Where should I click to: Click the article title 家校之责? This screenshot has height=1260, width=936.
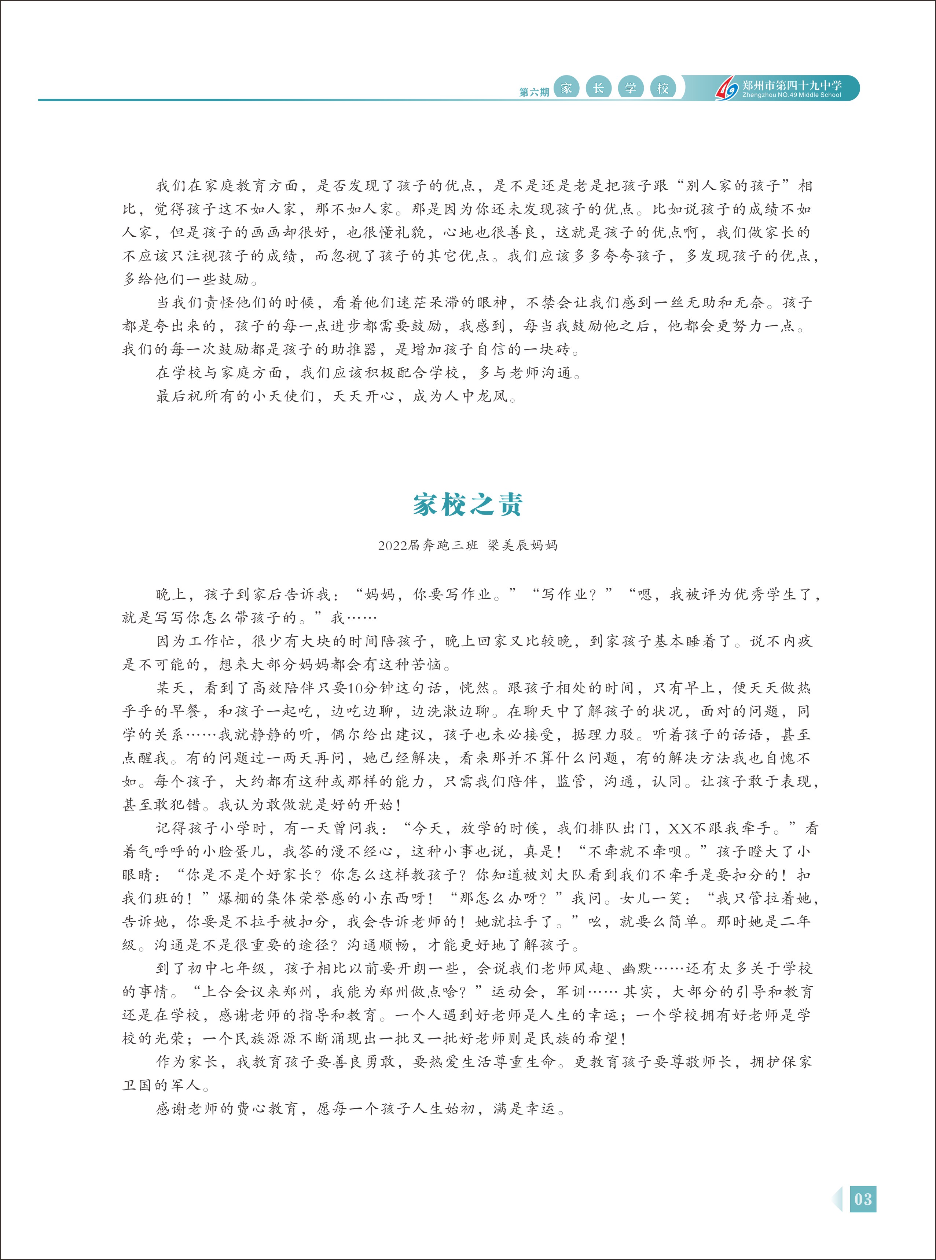467,505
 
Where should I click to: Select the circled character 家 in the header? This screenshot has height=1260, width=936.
566,88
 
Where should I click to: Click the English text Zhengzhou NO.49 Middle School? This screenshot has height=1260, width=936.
792,95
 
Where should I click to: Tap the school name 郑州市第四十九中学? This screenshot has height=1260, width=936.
792,85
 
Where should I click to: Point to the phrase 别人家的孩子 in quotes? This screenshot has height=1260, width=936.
735,186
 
